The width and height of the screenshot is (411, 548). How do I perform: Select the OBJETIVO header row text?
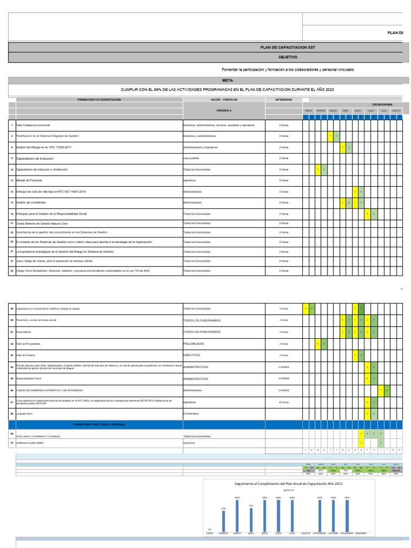click(287, 57)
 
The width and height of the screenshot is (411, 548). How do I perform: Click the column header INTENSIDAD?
click(284, 100)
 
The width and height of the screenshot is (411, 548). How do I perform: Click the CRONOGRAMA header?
click(382, 104)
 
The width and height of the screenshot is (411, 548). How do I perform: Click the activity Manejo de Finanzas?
click(29, 180)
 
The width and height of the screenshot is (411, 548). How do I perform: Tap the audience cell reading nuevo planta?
click(191, 158)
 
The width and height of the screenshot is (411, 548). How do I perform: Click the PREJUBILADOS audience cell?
click(194, 343)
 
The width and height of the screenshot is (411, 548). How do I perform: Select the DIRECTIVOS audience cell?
click(192, 355)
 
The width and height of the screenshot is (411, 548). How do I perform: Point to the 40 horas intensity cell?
click(284, 401)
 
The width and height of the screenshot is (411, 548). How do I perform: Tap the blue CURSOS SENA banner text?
click(99, 424)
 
